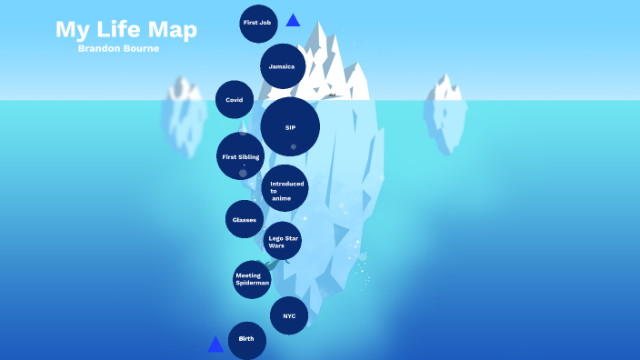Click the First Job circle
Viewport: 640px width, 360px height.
click(258, 23)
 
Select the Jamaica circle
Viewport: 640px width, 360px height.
click(282, 66)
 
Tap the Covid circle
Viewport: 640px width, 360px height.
click(235, 100)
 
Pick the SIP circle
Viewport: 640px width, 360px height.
click(290, 127)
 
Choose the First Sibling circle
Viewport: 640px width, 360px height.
click(241, 156)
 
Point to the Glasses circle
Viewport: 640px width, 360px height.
click(245, 219)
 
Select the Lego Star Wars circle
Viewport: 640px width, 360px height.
click(282, 241)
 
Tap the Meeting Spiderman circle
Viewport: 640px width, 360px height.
click(252, 279)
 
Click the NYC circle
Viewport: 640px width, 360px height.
click(289, 315)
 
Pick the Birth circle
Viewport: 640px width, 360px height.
click(246, 339)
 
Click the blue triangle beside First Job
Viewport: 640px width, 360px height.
click(293, 20)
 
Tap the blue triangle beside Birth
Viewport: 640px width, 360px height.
click(215, 345)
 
